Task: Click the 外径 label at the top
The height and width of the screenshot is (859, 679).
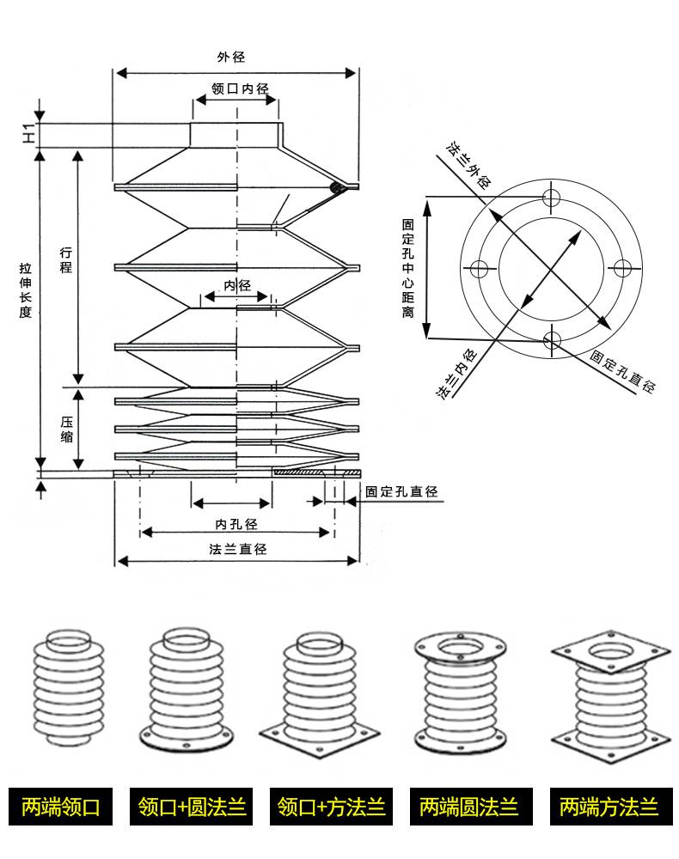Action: (x=230, y=57)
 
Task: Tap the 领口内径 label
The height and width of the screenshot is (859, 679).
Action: (x=240, y=88)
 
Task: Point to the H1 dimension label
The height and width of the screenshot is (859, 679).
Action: (x=28, y=133)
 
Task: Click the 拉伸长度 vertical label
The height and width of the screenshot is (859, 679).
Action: (x=25, y=289)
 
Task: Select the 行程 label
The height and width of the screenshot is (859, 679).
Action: (x=66, y=259)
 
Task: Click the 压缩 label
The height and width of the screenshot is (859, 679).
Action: (x=66, y=429)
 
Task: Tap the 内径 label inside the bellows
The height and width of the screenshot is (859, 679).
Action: (x=236, y=285)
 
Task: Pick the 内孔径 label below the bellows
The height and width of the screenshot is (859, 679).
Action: (x=236, y=524)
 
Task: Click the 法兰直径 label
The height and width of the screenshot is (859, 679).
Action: (x=238, y=548)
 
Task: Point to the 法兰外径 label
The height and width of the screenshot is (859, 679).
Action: (x=468, y=165)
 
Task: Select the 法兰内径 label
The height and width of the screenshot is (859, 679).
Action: (x=456, y=374)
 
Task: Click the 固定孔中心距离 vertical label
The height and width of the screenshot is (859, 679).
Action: (x=407, y=268)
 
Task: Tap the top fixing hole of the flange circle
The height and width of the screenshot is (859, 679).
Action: (x=551, y=197)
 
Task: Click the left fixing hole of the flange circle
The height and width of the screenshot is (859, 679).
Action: (x=479, y=269)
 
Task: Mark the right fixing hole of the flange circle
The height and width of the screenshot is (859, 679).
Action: (x=622, y=268)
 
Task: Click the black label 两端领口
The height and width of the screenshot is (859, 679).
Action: (x=61, y=807)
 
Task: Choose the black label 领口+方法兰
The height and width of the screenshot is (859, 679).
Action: (x=331, y=807)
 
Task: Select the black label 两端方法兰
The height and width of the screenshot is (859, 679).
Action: (x=611, y=807)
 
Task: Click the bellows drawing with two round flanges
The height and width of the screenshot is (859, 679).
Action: (x=460, y=692)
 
